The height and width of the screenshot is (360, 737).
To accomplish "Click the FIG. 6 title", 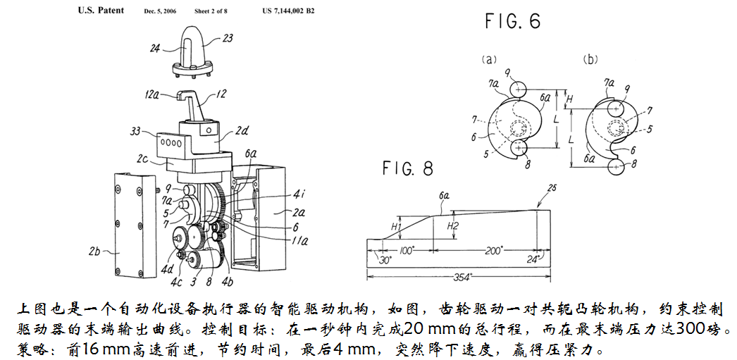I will tap(512, 22).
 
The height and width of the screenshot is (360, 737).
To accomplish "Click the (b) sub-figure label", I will tap(590, 61).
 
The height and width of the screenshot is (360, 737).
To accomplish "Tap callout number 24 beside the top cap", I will tap(154, 49).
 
